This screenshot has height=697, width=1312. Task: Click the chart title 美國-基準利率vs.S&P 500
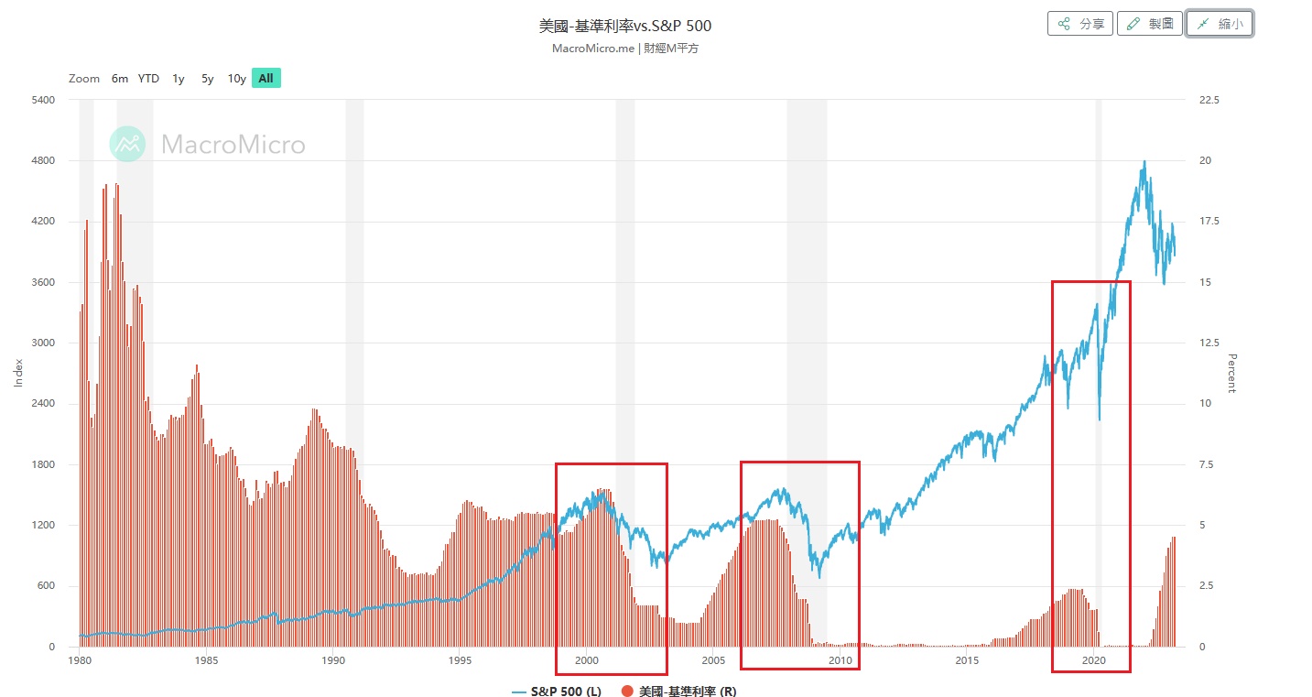pyautogui.click(x=624, y=26)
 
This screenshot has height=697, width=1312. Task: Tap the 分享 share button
pyautogui.click(x=1080, y=24)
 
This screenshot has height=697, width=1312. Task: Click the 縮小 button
pyautogui.click(x=1220, y=24)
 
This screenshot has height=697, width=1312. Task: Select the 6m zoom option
pyautogui.click(x=120, y=79)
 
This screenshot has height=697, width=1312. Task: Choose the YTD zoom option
pyautogui.click(x=148, y=79)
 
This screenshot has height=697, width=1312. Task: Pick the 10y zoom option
pyautogui.click(x=236, y=79)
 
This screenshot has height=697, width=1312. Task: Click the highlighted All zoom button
pyautogui.click(x=266, y=79)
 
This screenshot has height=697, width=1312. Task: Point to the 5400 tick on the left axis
pyautogui.click(x=44, y=100)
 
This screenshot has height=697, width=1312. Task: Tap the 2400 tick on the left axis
pyautogui.click(x=44, y=404)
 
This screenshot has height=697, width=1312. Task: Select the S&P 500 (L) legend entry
pyautogui.click(x=557, y=692)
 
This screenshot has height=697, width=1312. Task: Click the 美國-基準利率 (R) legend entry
pyautogui.click(x=678, y=692)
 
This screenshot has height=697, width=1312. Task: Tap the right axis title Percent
pyautogui.click(x=1231, y=373)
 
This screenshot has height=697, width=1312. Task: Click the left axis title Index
pyautogui.click(x=18, y=373)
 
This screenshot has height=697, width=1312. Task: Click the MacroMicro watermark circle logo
pyautogui.click(x=128, y=144)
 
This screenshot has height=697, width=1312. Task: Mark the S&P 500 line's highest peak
pyautogui.click(x=1144, y=162)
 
